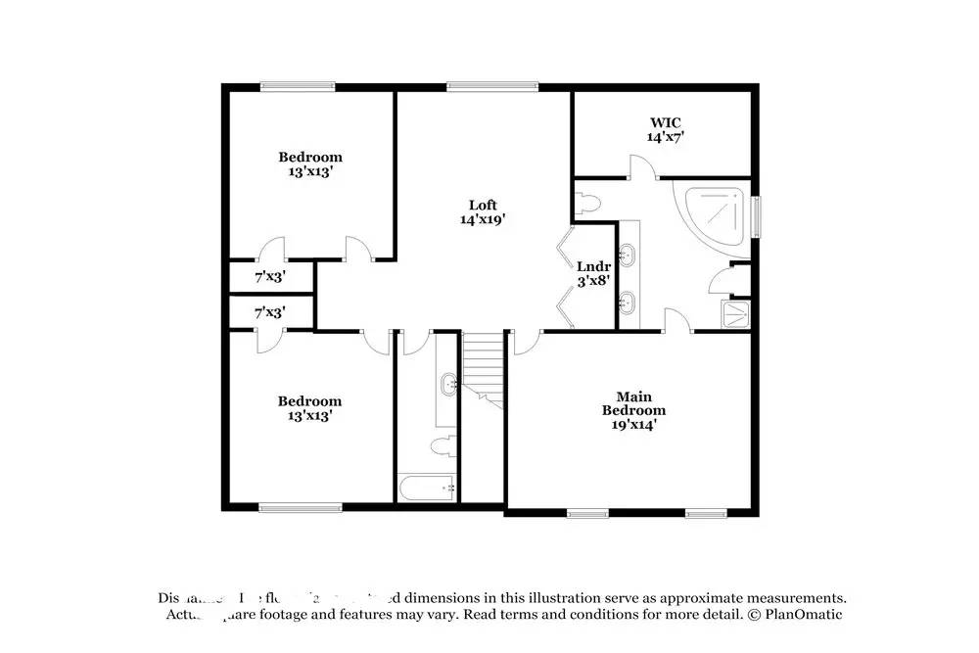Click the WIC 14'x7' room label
665,130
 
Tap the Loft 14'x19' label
482,211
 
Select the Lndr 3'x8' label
593,273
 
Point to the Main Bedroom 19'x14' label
633,410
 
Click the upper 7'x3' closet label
268,277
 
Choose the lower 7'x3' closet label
268,312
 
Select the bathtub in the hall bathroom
427,488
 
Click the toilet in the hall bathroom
443,445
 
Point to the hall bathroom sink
448,383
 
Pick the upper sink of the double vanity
629,257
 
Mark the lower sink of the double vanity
629,300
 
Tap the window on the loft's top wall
492,87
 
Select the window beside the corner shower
757,215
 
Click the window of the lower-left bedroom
301,506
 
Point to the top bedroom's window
298,87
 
